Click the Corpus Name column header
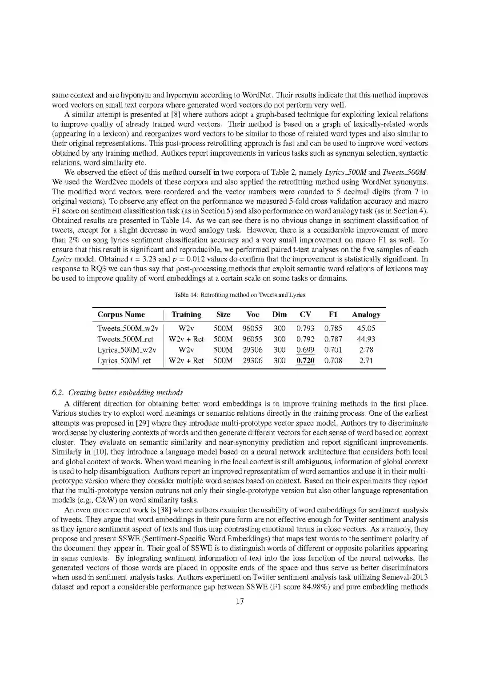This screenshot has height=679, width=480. coord(121,315)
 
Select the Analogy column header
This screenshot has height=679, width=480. coord(366,315)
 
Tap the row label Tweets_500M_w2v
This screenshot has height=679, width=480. coord(128,329)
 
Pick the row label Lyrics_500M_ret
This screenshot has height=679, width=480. coord(124,361)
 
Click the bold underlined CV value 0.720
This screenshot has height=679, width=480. coord(305,361)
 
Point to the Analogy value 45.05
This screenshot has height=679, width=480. coord(366,329)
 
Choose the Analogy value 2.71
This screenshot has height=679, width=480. coord(366,361)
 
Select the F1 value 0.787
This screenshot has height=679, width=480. coord(333,339)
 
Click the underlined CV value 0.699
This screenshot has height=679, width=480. coord(305,350)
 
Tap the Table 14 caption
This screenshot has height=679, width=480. coord(240,295)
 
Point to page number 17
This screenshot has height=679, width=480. coord(240,601)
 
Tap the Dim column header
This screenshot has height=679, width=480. coord(279,315)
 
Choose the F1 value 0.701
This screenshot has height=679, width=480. coord(333,350)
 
